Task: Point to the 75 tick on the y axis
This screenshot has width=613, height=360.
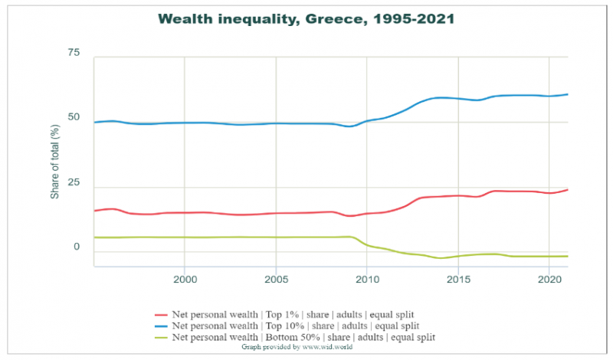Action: pyautogui.click(x=74, y=52)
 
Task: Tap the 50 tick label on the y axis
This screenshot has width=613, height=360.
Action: pyautogui.click(x=74, y=117)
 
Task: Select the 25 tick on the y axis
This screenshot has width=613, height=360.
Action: pyautogui.click(x=74, y=182)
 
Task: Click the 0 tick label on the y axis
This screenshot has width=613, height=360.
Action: pyautogui.click(x=77, y=247)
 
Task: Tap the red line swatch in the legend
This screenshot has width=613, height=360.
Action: pyautogui.click(x=161, y=315)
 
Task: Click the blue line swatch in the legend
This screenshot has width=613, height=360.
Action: pyautogui.click(x=161, y=326)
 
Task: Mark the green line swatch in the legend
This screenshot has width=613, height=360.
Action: pyautogui.click(x=161, y=336)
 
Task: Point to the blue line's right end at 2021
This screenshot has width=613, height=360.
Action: pyautogui.click(x=567, y=94)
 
